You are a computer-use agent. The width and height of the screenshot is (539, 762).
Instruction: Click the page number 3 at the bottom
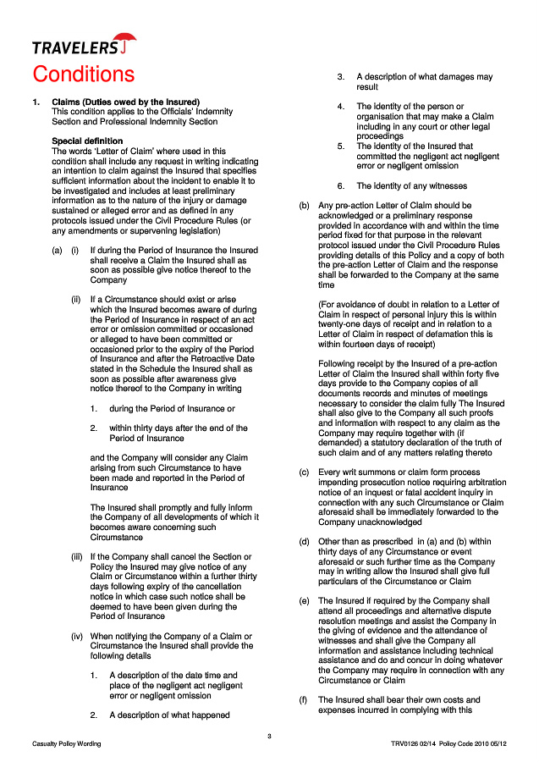[x=269, y=735]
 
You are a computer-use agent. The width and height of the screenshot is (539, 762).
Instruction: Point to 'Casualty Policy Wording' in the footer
[x=66, y=743]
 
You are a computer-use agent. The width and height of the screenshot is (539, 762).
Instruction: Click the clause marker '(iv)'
[x=76, y=636]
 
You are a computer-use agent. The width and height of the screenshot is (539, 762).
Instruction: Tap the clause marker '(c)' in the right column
[x=304, y=472]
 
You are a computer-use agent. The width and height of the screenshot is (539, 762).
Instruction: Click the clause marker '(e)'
[x=304, y=601]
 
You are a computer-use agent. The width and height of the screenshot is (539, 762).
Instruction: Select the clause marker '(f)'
[x=304, y=700]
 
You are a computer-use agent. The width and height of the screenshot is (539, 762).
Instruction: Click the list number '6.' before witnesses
[x=340, y=185]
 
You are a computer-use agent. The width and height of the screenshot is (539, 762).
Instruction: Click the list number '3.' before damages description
[x=340, y=77]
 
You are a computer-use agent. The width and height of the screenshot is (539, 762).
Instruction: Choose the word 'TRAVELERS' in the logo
[x=74, y=47]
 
